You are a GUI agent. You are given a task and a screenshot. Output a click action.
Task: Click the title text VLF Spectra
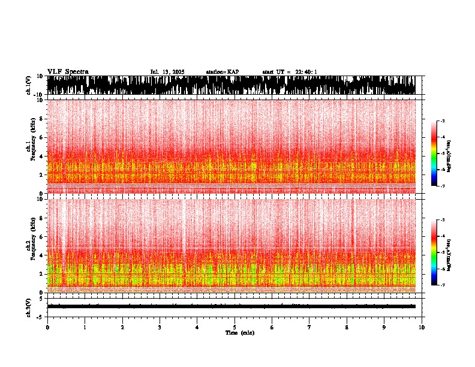pyautogui.click(x=68, y=72)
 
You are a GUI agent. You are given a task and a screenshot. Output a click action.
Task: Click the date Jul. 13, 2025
pyautogui.click(x=167, y=72)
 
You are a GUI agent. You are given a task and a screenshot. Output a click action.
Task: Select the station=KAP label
pyautogui.click(x=222, y=72)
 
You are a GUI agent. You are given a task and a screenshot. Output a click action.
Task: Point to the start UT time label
pyautogui.click(x=290, y=72)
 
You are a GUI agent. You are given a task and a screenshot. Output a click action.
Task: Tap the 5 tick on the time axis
pyautogui.click(x=235, y=327)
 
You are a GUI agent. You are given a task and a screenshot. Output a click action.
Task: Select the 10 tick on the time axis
pyautogui.click(x=422, y=327)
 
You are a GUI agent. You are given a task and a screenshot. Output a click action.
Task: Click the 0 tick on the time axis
pyautogui.click(x=47, y=327)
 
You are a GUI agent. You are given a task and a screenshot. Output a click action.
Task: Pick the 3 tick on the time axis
pyautogui.click(x=160, y=327)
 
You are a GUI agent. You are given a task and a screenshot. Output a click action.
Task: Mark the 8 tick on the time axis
pyautogui.click(x=347, y=327)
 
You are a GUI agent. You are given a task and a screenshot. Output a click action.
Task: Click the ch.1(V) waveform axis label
pyautogui.click(x=28, y=85)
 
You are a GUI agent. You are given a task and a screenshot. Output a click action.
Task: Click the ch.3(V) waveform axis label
pyautogui.click(x=28, y=306)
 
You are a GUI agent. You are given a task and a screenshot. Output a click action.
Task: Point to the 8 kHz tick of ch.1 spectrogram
pyautogui.click(x=41, y=119)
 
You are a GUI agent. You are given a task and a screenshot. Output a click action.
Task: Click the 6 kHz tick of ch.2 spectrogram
pyautogui.click(x=41, y=237)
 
